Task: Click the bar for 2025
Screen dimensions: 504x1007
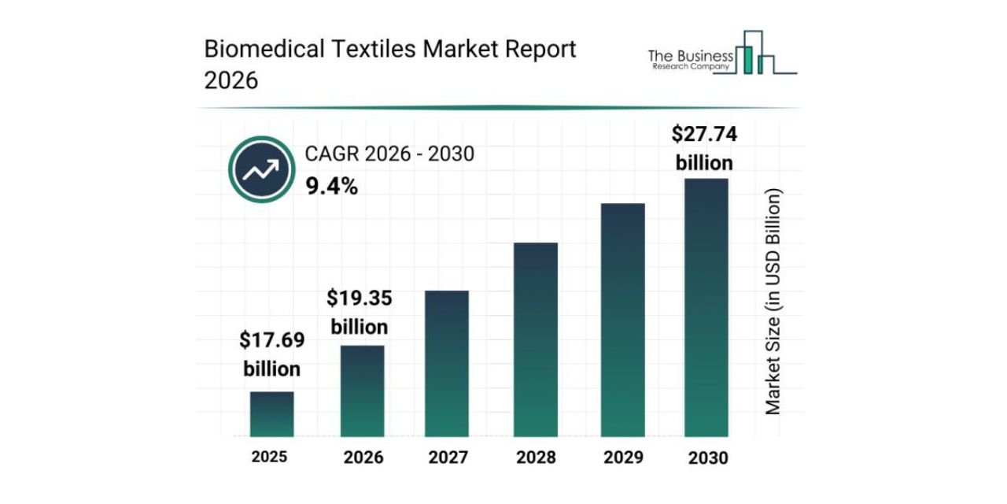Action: tap(272, 414)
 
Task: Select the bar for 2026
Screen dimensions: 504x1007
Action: tap(362, 391)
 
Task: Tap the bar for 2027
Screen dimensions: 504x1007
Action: tap(447, 364)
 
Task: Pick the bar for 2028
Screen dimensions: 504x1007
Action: tap(536, 339)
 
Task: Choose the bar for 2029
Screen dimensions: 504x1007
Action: tap(623, 320)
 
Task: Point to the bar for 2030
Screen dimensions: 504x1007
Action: tap(706, 307)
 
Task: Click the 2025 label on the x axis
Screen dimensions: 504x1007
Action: tap(270, 457)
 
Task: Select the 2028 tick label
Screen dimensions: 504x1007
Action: tap(536, 458)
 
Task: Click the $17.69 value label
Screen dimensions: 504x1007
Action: tap(272, 341)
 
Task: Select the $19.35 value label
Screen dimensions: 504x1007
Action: tap(360, 299)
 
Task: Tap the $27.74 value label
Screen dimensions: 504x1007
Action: tap(704, 135)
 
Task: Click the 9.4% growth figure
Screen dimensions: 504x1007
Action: tap(331, 187)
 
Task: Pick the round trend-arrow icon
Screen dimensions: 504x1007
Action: tap(260, 169)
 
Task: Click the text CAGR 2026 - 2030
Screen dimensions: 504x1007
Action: tap(389, 154)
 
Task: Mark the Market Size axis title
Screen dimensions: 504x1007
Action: tap(774, 302)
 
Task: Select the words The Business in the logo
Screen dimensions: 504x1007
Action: tap(691, 56)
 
